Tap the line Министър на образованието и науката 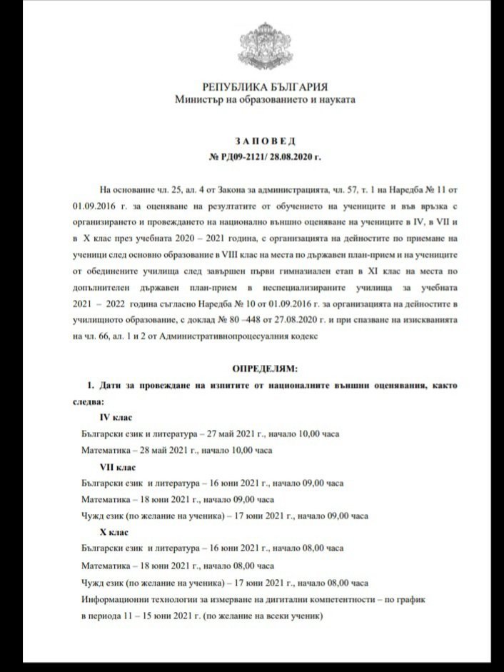coord(265,99)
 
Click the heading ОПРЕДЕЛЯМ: coord(264,368)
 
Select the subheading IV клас coord(116,417)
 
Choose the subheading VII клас coord(118,467)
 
